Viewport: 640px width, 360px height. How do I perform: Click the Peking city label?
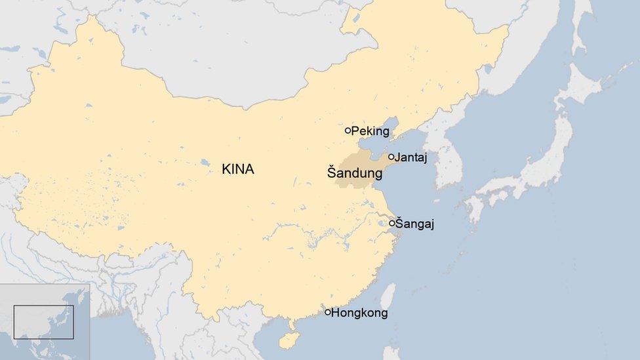tap(370, 131)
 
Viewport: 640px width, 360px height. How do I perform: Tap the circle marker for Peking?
tap(348, 130)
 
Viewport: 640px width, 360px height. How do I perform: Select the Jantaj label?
tap(411, 157)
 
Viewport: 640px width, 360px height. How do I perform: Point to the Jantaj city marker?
tap(391, 157)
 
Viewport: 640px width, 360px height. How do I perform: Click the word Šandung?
tap(355, 174)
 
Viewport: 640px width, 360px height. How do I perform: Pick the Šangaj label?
tap(414, 224)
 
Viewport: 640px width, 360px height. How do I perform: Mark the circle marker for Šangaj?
tap(391, 223)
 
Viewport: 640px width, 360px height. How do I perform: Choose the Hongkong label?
tap(359, 313)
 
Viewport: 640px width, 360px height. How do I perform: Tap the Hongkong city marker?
tap(328, 312)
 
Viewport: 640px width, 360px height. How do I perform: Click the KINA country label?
tap(237, 169)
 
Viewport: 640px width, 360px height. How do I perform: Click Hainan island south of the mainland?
tap(289, 340)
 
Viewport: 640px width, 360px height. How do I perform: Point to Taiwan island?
tap(388, 296)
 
